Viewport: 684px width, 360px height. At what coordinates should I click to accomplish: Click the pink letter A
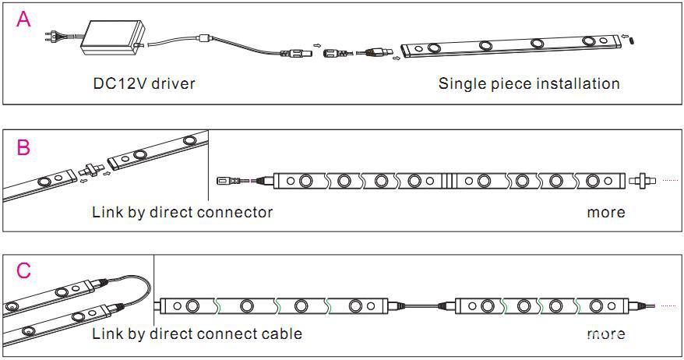click(25, 20)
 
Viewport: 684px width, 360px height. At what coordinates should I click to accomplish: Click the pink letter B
click(24, 147)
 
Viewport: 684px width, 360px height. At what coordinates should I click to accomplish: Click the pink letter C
click(24, 271)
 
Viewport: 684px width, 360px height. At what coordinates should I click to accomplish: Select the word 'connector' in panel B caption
click(236, 212)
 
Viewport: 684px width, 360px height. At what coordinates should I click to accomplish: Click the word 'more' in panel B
click(605, 212)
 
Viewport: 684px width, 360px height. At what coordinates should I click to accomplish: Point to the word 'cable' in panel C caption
click(281, 334)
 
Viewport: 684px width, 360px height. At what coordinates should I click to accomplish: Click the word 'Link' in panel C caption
click(107, 334)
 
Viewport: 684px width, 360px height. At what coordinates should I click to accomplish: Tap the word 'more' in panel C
click(605, 334)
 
